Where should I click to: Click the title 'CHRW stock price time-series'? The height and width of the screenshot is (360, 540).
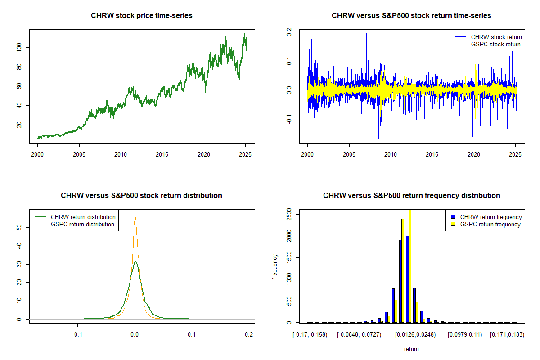(x=142, y=16)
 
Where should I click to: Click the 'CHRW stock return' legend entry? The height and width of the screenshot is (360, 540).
(x=496, y=37)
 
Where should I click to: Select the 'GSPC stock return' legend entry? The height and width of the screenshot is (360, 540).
(x=495, y=44)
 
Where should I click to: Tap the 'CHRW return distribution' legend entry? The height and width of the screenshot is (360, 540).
(x=83, y=217)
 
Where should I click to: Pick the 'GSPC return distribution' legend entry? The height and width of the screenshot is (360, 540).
(x=82, y=224)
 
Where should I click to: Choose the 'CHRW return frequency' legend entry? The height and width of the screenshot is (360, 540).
(x=490, y=217)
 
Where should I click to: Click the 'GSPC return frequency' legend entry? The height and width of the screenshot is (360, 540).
(x=490, y=224)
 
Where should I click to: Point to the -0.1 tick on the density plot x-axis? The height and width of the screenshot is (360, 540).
(x=78, y=335)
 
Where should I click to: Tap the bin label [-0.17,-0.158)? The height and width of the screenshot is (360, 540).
(x=310, y=335)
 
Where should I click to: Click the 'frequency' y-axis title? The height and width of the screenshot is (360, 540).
(x=275, y=267)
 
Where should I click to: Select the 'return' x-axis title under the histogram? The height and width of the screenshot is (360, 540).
(x=411, y=349)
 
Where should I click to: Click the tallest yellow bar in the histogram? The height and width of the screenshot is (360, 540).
(x=410, y=265)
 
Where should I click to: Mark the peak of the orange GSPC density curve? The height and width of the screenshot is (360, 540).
(x=135, y=216)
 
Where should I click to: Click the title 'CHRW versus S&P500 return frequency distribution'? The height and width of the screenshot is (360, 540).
(x=411, y=196)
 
